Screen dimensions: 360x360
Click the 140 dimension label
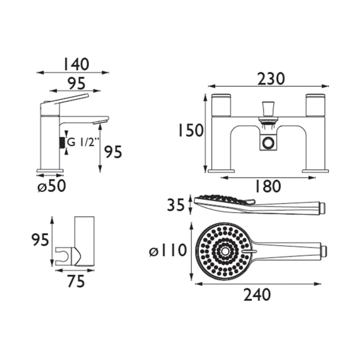point(76,64)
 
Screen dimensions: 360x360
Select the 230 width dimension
point(271,79)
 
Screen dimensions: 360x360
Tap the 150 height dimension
point(191,130)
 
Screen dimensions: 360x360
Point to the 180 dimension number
point(268,186)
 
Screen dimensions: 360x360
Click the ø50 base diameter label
point(52,186)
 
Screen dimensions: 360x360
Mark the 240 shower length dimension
point(257,295)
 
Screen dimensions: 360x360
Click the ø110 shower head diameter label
point(168,250)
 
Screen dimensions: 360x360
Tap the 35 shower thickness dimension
point(176,205)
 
